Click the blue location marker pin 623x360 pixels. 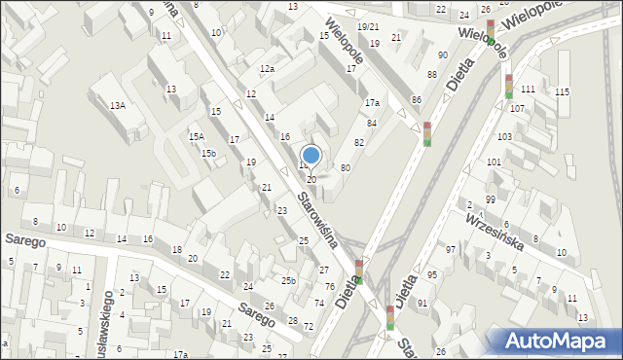tap(311, 156)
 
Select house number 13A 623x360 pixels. tap(117, 105)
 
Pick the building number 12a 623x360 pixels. tap(267, 69)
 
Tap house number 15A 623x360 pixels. tap(197, 137)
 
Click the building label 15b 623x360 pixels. tap(208, 153)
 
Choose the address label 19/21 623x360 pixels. tap(368, 26)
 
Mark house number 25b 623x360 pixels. tap(288, 280)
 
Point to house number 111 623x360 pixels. tap(528, 90)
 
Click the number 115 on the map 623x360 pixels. tap(562, 92)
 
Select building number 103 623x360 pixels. tap(504, 137)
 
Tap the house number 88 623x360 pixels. tap(431, 75)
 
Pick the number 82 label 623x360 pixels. tap(359, 143)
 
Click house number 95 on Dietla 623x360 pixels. tap(431, 275)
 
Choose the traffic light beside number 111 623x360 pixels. tap(508, 86)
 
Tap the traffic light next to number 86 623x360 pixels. tap(426, 133)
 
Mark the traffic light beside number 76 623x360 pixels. tap(358, 271)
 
